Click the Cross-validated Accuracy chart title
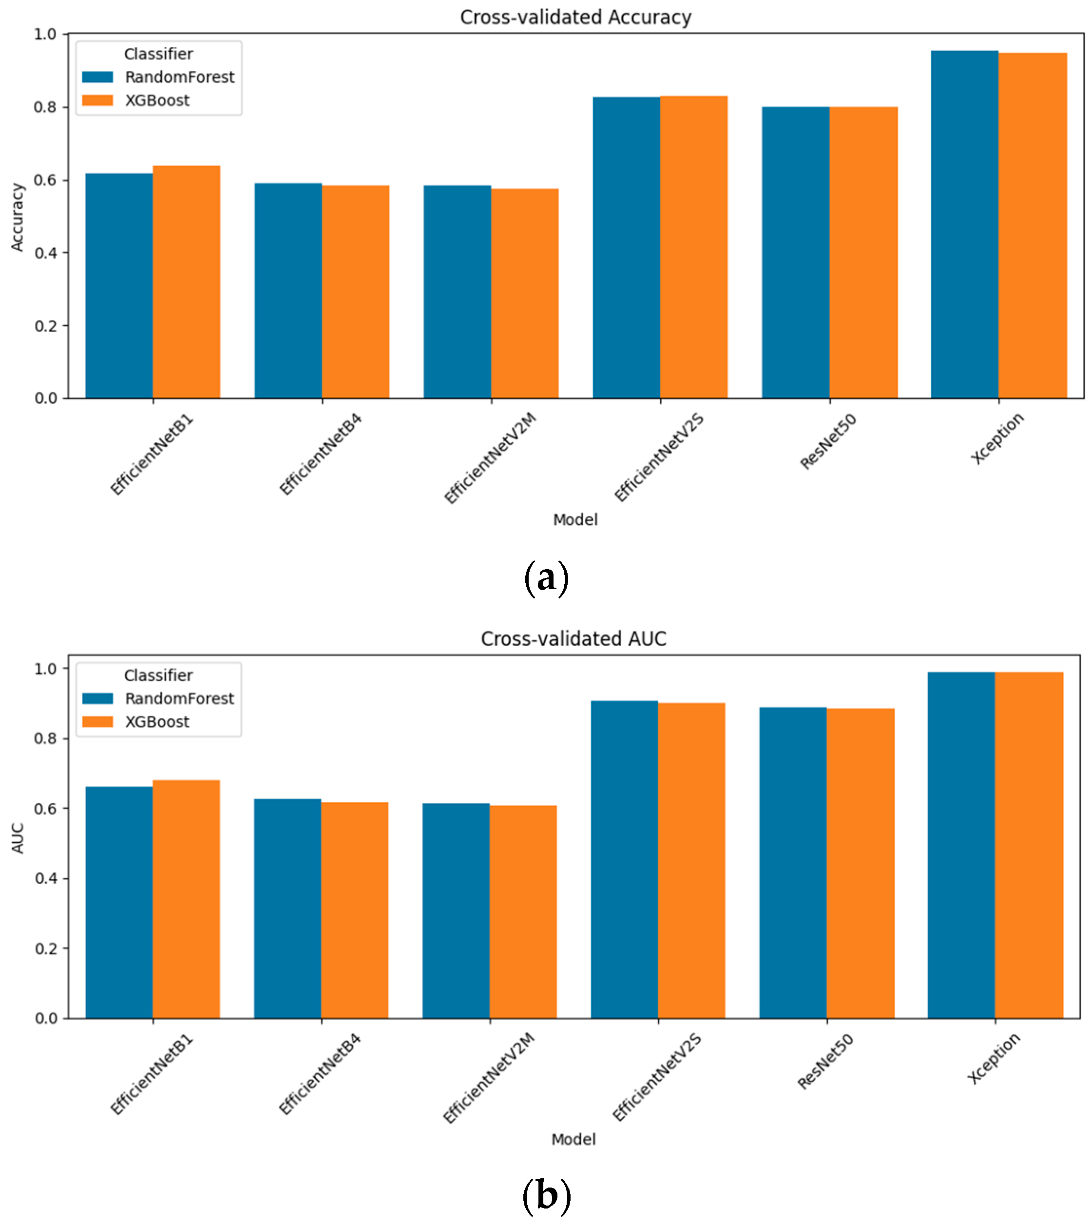tap(575, 17)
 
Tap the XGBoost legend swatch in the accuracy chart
tap(97, 100)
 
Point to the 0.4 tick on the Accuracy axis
tap(46, 253)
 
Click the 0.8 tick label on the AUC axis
tap(46, 738)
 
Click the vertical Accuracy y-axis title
tap(18, 217)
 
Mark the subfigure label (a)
tap(546, 578)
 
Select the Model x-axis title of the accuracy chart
tap(574, 519)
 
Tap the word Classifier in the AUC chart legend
tap(158, 675)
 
